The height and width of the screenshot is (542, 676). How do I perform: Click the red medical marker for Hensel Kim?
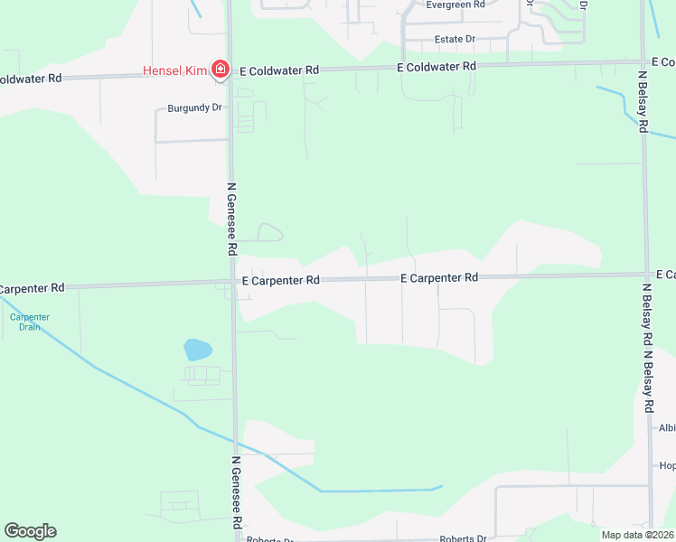pos(219,69)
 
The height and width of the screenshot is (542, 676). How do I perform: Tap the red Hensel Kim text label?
pos(175,70)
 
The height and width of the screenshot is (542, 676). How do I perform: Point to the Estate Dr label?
pos(455,40)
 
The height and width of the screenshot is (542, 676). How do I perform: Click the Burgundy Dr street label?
pos(194,107)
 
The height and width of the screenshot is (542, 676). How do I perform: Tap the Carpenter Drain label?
pos(30,322)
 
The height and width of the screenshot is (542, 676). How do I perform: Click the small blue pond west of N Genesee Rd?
pos(196,350)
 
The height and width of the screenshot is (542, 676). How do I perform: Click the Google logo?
pos(30,531)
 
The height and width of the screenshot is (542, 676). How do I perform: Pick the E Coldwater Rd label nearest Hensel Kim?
pos(278,70)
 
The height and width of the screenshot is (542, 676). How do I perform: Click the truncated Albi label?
pos(667,428)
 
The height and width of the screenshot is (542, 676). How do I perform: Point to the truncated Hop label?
pos(667,466)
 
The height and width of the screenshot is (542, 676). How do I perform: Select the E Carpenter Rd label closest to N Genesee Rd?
pos(281,281)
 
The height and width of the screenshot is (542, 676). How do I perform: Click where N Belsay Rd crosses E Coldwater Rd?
pos(643,63)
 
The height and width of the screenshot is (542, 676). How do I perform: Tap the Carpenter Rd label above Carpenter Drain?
pos(33,288)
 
